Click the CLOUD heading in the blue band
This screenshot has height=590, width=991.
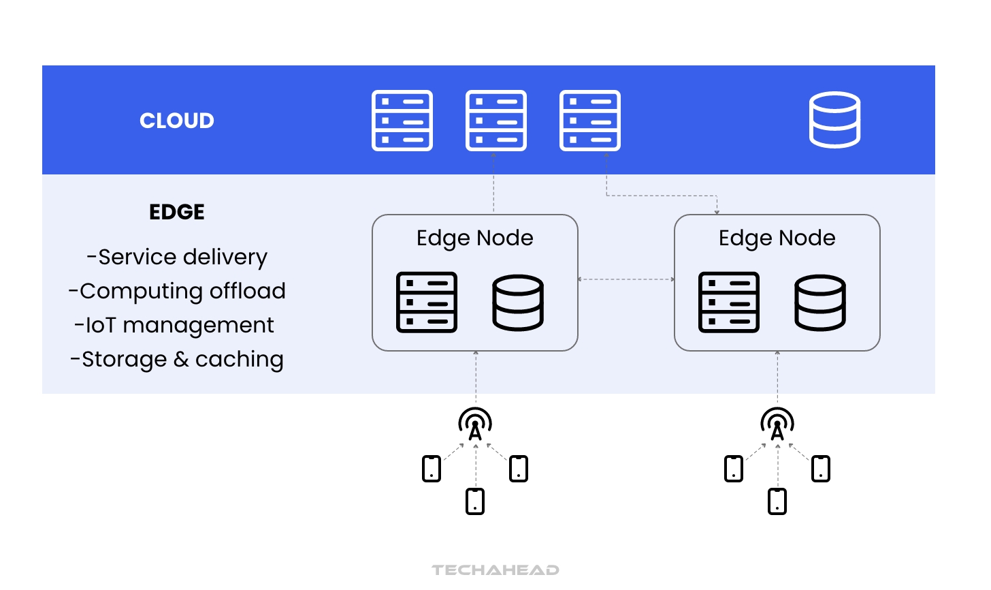(177, 121)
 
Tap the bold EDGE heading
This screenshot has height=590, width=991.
(177, 212)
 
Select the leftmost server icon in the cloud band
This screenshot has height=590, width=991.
(402, 121)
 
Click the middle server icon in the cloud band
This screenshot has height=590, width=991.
(496, 121)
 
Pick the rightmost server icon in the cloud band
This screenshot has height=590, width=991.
(590, 121)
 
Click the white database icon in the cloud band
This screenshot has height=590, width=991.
(834, 120)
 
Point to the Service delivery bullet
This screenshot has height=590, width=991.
(177, 257)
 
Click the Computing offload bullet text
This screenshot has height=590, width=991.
(177, 291)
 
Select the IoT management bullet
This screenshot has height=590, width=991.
(174, 325)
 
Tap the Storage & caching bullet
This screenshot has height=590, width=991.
(177, 359)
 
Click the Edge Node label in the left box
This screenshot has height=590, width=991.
(475, 238)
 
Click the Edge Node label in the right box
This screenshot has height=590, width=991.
(777, 238)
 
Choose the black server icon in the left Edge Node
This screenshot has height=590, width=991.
(427, 302)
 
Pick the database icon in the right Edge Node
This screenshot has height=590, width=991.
(820, 302)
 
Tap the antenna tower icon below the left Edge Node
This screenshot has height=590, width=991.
(475, 424)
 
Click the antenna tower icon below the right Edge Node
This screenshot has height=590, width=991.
(777, 424)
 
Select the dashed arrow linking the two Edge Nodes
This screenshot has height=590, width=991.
(626, 279)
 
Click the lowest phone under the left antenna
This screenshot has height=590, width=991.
(475, 501)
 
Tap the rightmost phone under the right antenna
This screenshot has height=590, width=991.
(821, 469)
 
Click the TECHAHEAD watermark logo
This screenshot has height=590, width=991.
(495, 570)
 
